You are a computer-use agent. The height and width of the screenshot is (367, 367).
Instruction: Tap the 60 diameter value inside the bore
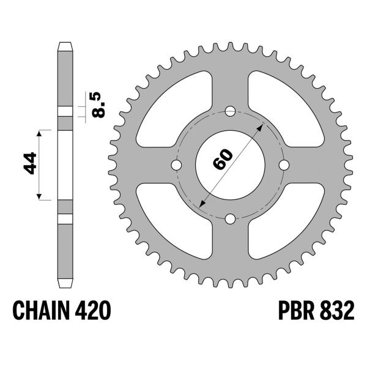click(224, 161)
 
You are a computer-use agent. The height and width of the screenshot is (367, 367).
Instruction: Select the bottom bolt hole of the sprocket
click(230, 219)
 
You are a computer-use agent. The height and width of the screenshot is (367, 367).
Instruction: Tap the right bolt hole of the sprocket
click(284, 166)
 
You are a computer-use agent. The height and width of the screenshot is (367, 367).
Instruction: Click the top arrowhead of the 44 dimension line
click(41, 132)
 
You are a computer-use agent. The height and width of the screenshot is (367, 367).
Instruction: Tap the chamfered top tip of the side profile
click(65, 46)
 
